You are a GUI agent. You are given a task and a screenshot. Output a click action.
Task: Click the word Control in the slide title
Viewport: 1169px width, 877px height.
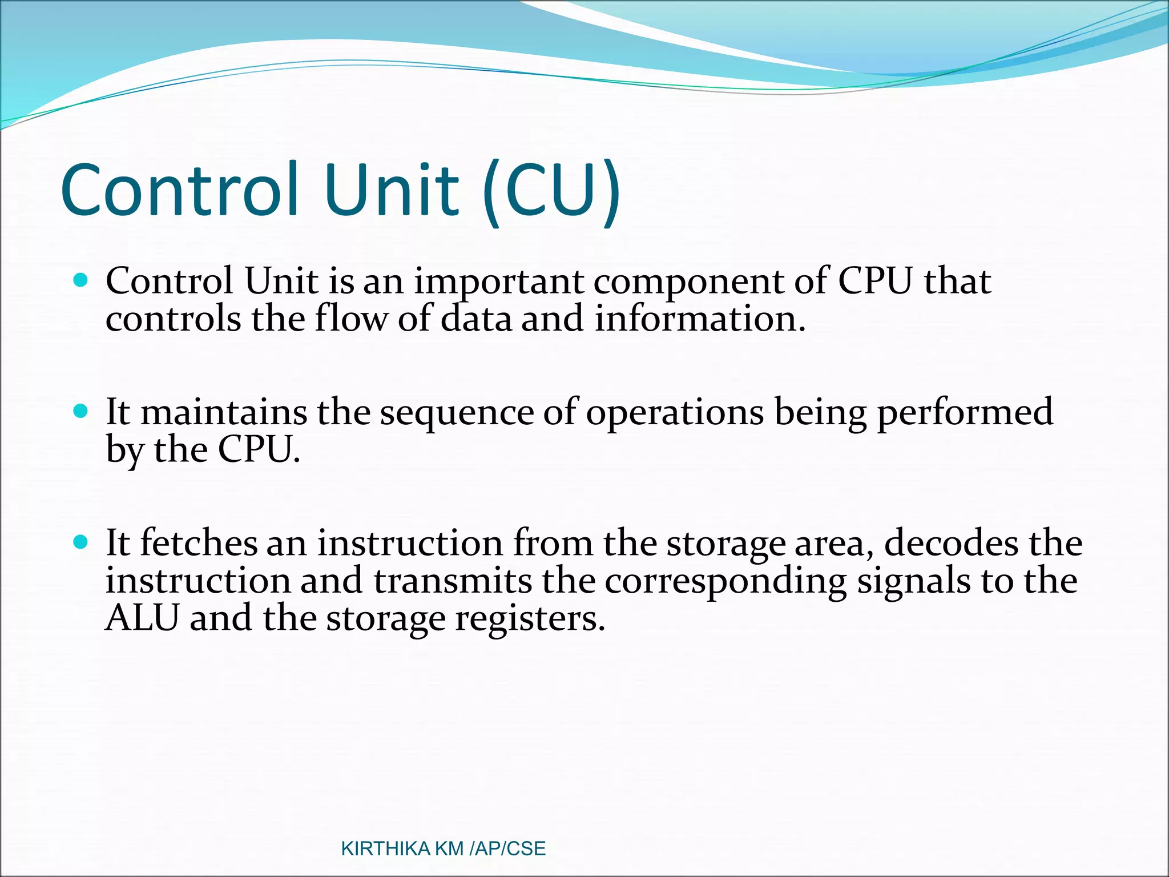(179, 190)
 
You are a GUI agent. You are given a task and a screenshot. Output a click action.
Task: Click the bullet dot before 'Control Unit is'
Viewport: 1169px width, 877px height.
(81, 280)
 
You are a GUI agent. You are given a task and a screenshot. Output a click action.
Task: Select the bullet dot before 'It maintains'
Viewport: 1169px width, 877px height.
(81, 411)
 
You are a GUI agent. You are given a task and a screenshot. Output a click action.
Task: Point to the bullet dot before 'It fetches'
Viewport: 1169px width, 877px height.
(81, 542)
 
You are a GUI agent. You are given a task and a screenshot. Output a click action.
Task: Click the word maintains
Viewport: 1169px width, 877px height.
(224, 412)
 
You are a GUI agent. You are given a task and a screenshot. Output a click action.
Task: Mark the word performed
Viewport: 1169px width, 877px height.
(965, 412)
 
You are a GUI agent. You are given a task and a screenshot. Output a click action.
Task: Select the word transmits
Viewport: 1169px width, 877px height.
(453, 581)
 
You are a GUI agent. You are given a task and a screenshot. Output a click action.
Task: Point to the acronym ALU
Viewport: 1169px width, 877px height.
(143, 618)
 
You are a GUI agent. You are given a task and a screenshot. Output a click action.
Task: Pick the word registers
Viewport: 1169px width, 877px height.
(529, 619)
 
